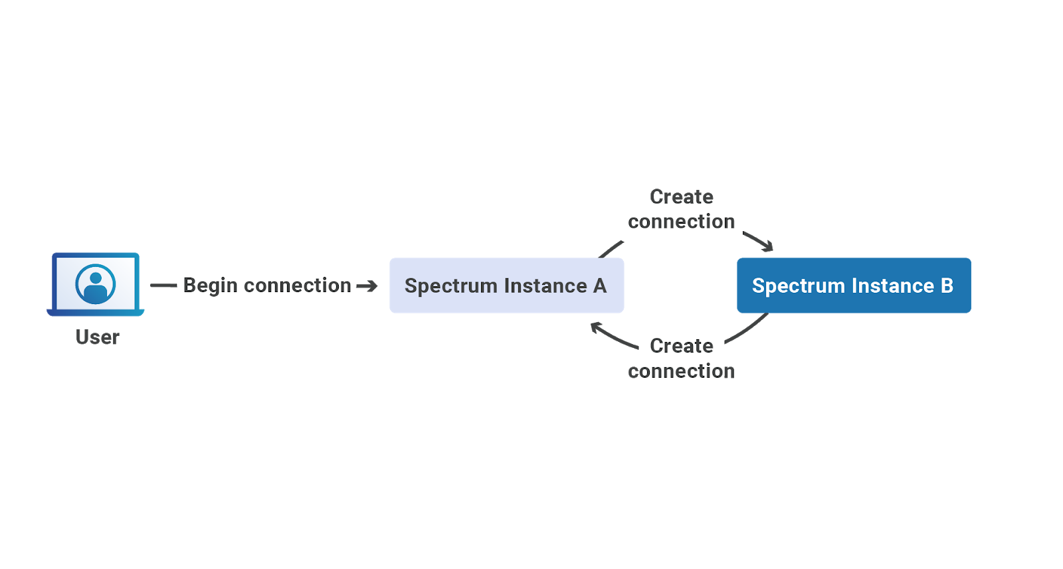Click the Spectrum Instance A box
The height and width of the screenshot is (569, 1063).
(x=506, y=285)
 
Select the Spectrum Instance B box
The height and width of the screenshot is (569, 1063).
(x=854, y=285)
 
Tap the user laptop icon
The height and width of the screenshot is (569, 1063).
(x=96, y=284)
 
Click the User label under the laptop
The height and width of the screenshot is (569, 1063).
(x=97, y=337)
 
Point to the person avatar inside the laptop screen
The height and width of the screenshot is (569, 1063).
(x=96, y=284)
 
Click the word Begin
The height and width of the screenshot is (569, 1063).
(x=210, y=286)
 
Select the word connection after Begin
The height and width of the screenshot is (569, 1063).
(x=298, y=285)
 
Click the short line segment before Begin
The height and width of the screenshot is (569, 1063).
(x=163, y=285)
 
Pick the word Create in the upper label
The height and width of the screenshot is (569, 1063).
(x=682, y=197)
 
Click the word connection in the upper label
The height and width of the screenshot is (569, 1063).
(x=682, y=222)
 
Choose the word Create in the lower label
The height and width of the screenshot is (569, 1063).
(x=682, y=346)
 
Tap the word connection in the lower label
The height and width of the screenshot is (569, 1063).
(x=682, y=370)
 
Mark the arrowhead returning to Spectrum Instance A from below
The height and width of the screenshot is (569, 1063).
(x=596, y=327)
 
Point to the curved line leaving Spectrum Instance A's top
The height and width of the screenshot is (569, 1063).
(x=611, y=250)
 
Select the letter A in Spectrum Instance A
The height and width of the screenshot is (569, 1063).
(x=600, y=286)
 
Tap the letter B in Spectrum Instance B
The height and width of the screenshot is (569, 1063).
(x=947, y=285)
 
